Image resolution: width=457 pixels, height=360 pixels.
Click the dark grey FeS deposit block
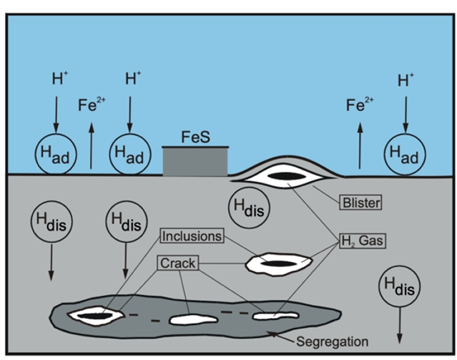[x=195, y=162]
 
